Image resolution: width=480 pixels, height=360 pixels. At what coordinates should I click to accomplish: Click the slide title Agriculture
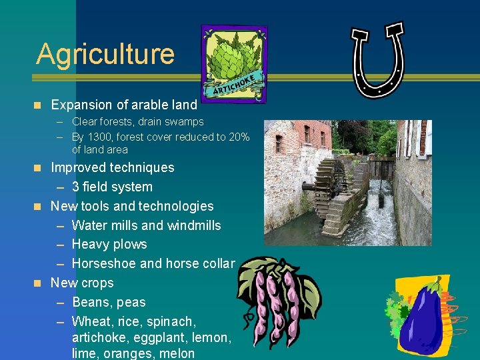point(105,54)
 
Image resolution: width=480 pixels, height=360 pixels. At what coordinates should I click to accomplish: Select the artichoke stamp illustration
point(234,64)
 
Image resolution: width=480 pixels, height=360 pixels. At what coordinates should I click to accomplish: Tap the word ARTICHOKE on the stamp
point(233,85)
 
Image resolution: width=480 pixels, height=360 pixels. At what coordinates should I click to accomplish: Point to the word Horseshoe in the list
point(101,263)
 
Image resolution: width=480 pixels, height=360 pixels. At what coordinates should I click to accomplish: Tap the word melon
point(177,354)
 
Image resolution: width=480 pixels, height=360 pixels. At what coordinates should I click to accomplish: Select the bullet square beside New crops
point(38,283)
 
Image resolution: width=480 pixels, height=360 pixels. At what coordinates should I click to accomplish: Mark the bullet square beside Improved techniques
point(38,167)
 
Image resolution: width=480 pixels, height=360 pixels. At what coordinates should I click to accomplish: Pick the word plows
point(130,245)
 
